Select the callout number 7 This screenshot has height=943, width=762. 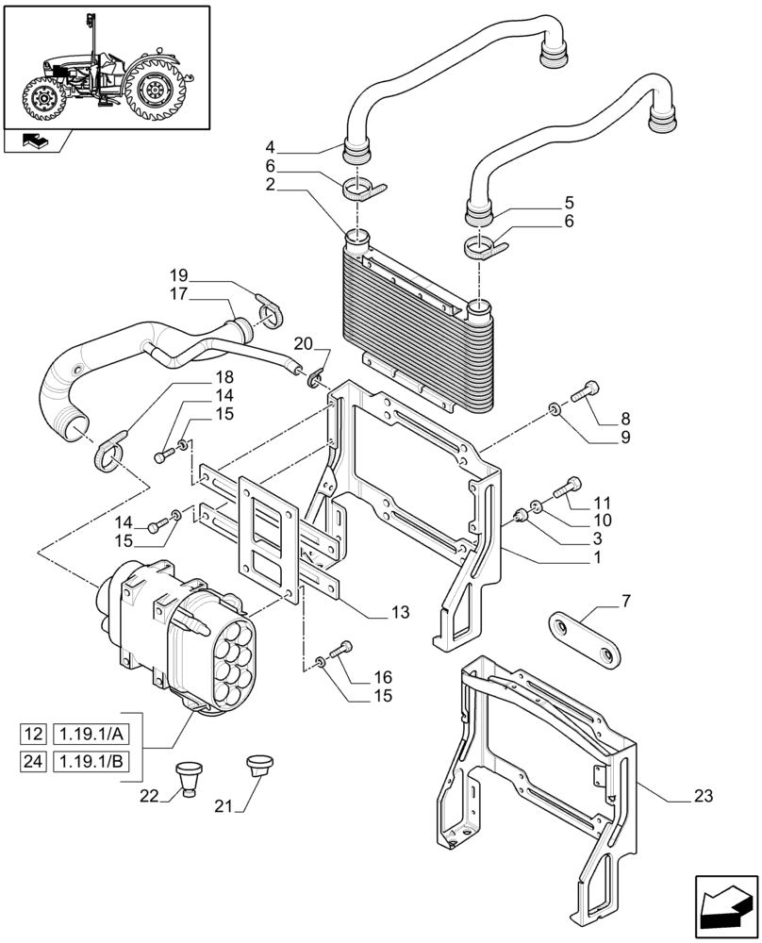pyautogui.click(x=626, y=600)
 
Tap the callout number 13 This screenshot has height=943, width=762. pyautogui.click(x=401, y=613)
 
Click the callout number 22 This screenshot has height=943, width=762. pyautogui.click(x=149, y=796)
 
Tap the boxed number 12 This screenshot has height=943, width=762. pyautogui.click(x=34, y=735)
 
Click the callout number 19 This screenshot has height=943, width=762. pyautogui.click(x=179, y=274)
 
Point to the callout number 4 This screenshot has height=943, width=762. pyautogui.click(x=270, y=147)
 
